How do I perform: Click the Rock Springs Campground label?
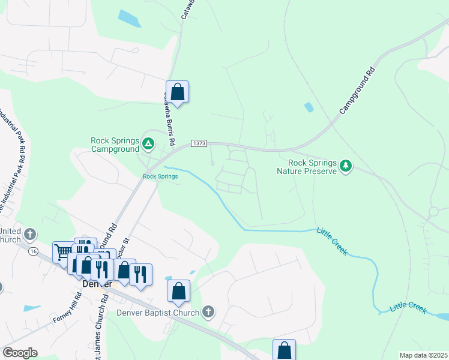click(115, 145)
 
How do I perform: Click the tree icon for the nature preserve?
click(345, 165)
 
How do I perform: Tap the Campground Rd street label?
click(357, 91)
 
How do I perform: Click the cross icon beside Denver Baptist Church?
click(208, 311)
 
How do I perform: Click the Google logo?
click(20, 353)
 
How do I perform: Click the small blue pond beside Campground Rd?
click(309, 107)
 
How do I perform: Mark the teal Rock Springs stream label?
click(160, 176)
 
